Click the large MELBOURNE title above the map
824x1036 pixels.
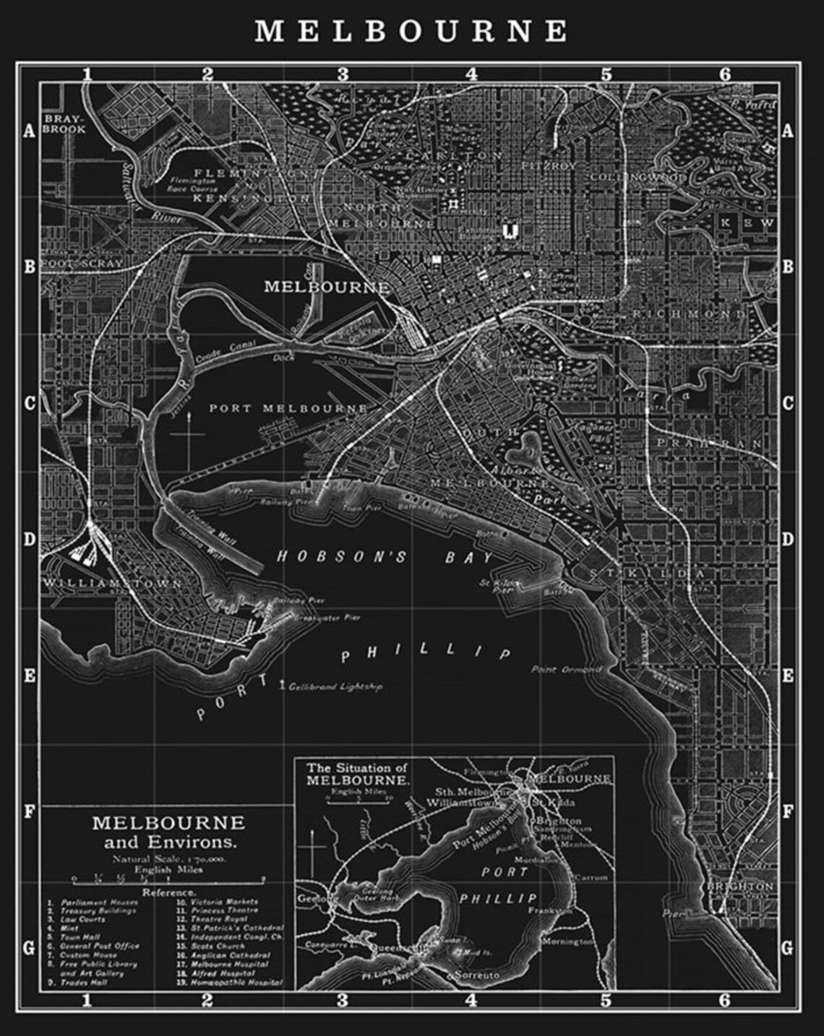(412, 31)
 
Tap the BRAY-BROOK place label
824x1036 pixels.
(64, 124)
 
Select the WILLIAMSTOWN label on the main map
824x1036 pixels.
(112, 582)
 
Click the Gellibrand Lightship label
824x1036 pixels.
(335, 686)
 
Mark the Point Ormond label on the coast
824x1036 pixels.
(566, 670)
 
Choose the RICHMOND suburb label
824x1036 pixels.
(688, 315)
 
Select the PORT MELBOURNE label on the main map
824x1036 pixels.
(288, 408)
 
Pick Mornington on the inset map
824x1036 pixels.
(568, 942)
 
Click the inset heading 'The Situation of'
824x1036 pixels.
(357, 768)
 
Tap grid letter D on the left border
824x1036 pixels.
(30, 540)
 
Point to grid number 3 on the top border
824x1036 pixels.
(343, 74)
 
